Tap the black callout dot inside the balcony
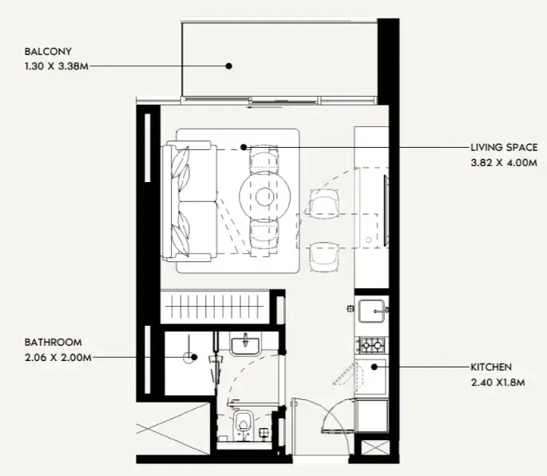[228, 66]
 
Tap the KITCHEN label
[491, 367]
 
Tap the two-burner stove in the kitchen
[371, 346]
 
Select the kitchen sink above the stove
[371, 311]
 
